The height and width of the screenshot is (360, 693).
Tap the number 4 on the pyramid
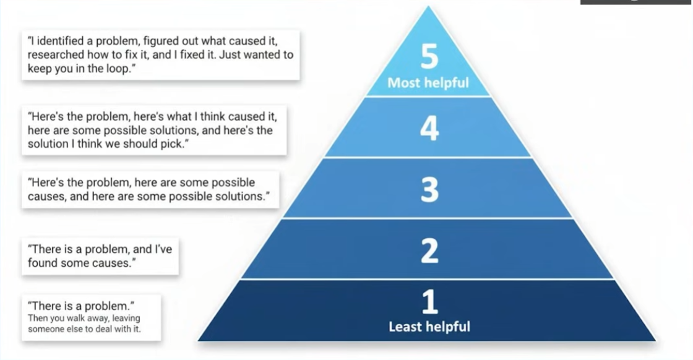[x=429, y=129]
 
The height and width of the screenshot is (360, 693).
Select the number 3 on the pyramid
[x=429, y=190]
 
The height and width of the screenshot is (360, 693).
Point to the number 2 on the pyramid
[x=429, y=251]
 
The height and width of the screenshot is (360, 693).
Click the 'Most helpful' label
[x=428, y=82]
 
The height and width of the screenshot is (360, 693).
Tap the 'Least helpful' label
[x=429, y=326]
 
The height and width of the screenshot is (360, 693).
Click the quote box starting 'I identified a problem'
[x=160, y=54]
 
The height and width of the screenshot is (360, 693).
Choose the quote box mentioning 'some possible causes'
[x=150, y=189]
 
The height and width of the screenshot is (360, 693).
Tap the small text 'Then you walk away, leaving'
[x=84, y=319]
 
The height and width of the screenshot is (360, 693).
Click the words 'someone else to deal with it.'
[x=84, y=329]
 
